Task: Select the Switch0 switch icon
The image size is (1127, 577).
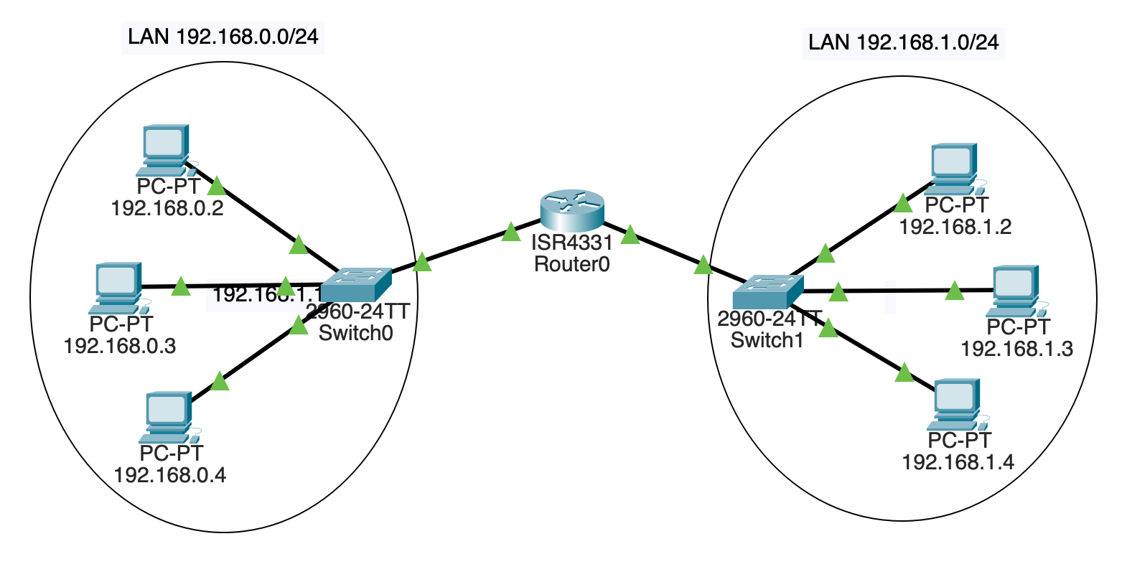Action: (355, 285)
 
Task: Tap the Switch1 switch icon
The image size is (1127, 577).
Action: (767, 291)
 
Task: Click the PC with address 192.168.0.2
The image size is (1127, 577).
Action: (165, 149)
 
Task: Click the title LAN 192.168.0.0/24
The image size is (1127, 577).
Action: (223, 37)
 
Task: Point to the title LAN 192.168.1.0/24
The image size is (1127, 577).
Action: (902, 42)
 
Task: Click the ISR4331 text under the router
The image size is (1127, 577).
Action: (571, 243)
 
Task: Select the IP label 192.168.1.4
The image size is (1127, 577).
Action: (958, 462)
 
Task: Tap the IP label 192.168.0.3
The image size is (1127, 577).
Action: (120, 346)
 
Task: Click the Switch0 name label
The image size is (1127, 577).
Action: (355, 333)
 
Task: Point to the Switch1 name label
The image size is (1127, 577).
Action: (767, 340)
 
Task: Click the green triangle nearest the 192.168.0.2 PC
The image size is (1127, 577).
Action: (216, 188)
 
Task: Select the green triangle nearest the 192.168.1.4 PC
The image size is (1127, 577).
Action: (904, 373)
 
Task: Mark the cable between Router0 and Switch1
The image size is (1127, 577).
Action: (668, 251)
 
